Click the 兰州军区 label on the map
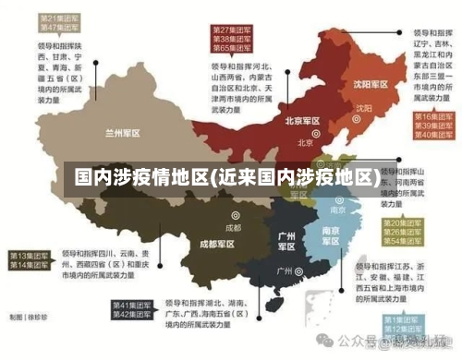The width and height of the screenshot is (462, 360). [x=123, y=133]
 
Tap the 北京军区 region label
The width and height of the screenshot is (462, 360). [x=302, y=121]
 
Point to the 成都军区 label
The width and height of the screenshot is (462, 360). [x=216, y=245]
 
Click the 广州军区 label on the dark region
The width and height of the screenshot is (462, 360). [x=286, y=242]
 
